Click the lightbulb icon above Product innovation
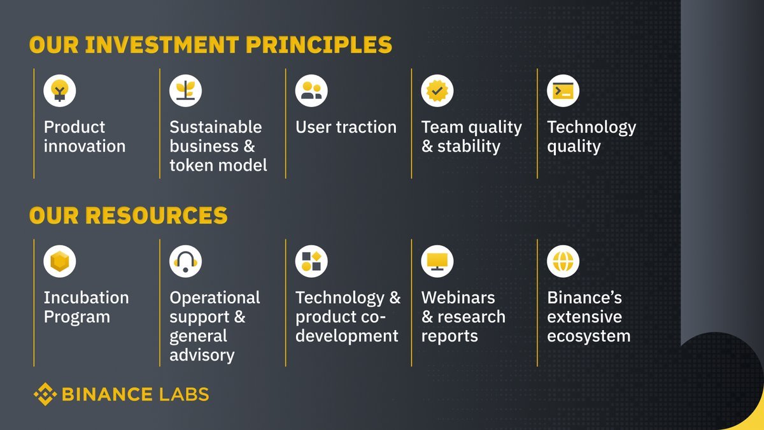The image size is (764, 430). point(60,90)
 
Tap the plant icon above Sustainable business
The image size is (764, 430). point(185,90)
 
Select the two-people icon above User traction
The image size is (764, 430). point(311,90)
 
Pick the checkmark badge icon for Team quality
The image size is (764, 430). point(437,90)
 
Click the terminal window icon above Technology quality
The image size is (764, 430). point(563,90)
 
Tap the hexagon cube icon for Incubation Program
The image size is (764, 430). point(60,261)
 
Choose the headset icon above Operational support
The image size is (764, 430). point(185,261)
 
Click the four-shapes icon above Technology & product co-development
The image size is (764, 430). point(311,261)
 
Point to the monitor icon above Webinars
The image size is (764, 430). point(437,261)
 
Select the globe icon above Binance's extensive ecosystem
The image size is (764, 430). point(563,261)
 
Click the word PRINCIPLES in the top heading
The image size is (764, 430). point(319,45)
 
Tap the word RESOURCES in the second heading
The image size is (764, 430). point(156,215)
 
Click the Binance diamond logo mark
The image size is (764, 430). point(45,394)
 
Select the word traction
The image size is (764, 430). point(366,127)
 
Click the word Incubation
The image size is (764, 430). point(87,297)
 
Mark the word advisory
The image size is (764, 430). point(202,355)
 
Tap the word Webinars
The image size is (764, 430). point(458,297)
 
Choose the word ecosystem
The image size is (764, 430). point(589,336)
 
